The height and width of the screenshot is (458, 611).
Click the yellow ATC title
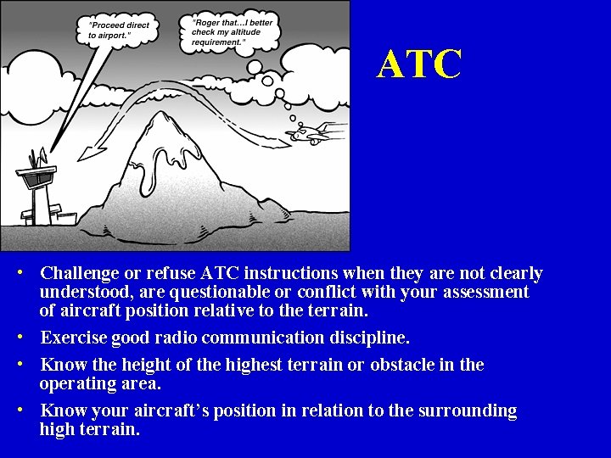point(420,64)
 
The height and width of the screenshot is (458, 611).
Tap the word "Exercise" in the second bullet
point(74,338)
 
